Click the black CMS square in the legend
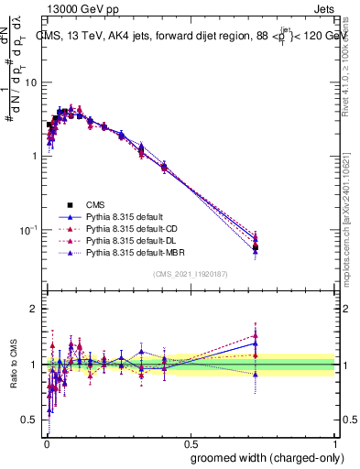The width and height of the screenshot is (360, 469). click(x=69, y=205)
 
